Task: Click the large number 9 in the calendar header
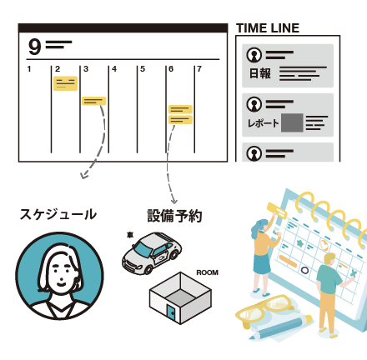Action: (34, 47)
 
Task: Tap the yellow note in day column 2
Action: (65, 83)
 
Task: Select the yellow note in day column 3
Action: (94, 101)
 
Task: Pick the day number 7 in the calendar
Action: (199, 69)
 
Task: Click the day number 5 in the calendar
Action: (143, 69)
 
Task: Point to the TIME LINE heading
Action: (268, 28)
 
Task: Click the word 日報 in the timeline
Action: (259, 73)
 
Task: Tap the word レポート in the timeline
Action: (263, 123)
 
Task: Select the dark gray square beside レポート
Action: (292, 122)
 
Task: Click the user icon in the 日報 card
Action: (254, 55)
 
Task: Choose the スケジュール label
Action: (58, 215)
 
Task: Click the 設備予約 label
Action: (174, 216)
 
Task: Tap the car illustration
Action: (152, 253)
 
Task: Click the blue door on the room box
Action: (171, 312)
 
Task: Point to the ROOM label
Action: (207, 272)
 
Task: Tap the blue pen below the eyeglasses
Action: (281, 327)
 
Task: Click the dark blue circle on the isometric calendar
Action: (304, 270)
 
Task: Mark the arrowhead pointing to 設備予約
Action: (173, 201)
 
